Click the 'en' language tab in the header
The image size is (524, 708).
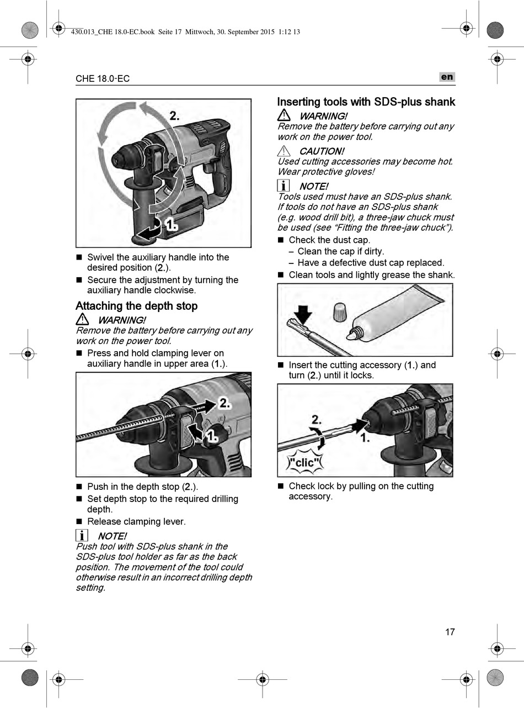tap(447, 77)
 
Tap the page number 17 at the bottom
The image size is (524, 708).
tap(450, 632)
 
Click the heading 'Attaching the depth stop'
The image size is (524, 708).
tap(136, 306)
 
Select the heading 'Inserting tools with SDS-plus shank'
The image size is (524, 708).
tap(366, 102)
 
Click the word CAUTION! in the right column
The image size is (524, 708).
tap(322, 151)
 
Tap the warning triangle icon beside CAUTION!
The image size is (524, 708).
tap(284, 151)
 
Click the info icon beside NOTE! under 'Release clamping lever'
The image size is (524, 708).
tap(82, 535)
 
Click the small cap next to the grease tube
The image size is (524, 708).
tap(340, 312)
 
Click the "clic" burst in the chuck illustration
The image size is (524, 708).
tap(305, 462)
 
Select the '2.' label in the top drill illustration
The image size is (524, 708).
tap(174, 115)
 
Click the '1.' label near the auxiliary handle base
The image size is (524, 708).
tap(172, 225)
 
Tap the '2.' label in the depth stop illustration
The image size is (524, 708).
tap(224, 403)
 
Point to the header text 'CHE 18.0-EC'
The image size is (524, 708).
tap(103, 78)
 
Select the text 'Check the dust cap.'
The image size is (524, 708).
tap(329, 240)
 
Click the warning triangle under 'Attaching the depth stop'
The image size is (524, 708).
tap(82, 319)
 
